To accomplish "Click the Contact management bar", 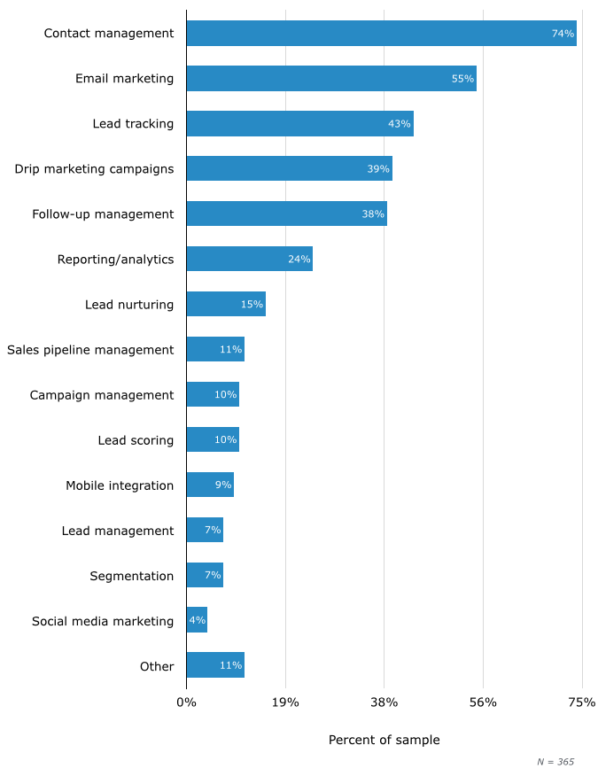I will [x=381, y=34].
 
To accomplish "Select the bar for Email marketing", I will [x=331, y=79].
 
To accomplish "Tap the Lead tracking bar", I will [x=299, y=124].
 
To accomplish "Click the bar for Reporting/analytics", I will [x=249, y=260].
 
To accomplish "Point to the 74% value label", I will [x=563, y=34].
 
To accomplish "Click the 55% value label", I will [x=462, y=79].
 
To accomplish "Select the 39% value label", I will [x=378, y=169].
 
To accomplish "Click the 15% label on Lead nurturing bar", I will [x=252, y=305].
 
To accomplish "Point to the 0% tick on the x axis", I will [x=186, y=703].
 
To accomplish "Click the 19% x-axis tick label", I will [x=285, y=703].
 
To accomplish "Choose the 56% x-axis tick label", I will [x=483, y=703].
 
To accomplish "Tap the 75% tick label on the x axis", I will [x=581, y=703].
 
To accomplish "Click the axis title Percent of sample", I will [x=384, y=741].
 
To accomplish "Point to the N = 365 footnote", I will [x=555, y=762].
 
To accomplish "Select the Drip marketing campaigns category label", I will [x=94, y=169].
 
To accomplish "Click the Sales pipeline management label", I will [x=90, y=350].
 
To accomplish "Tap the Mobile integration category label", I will [x=120, y=485].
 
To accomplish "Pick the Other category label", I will [x=157, y=666].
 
